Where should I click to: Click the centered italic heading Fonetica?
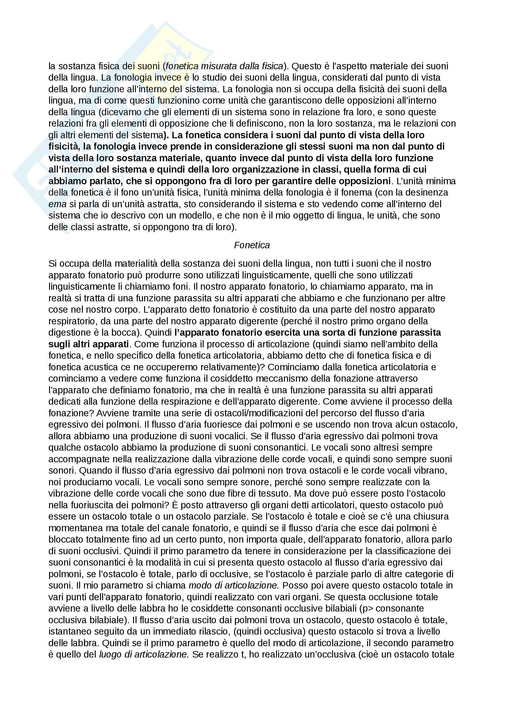pos(252,245)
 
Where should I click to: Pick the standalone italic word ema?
pos(57,204)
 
